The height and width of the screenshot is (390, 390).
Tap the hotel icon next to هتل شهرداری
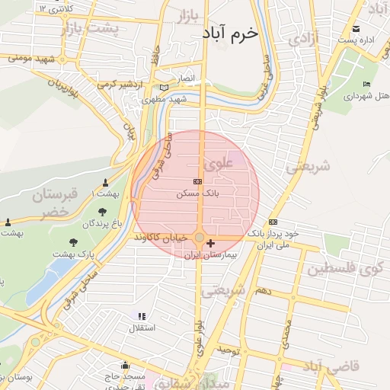tap(367, 84)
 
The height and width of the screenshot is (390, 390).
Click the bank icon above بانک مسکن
tap(198, 181)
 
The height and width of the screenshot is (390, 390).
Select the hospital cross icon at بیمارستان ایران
tap(211, 243)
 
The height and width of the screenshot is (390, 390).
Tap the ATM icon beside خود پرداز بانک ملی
tap(273, 222)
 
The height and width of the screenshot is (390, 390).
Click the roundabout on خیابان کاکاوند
tap(200, 239)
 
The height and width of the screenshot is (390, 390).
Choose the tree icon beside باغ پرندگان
tap(102, 212)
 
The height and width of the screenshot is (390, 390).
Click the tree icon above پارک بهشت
tap(73, 242)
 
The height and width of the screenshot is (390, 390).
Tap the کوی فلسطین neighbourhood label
tap(348, 269)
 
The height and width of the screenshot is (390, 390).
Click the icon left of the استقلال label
tap(141, 315)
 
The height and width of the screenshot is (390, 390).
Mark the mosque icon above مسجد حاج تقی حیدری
tap(126, 366)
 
